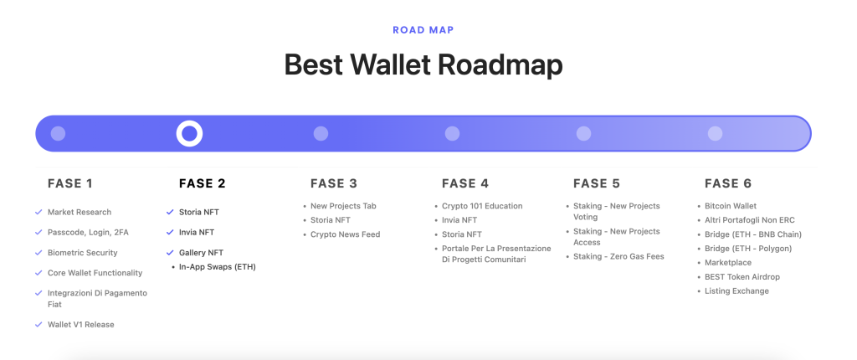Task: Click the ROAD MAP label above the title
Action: [x=423, y=30]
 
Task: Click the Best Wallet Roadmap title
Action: [x=423, y=64]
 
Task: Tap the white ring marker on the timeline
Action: [x=189, y=133]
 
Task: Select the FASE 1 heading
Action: [x=70, y=183]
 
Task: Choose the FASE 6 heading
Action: [x=728, y=183]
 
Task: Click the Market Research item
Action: [x=80, y=213]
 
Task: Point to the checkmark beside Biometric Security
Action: [x=38, y=253]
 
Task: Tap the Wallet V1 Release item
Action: [x=80, y=325]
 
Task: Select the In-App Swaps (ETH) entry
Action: [x=217, y=267]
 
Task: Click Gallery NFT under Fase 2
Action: [x=201, y=253]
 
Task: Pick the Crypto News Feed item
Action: [x=345, y=234]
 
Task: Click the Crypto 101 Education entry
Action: [x=482, y=206]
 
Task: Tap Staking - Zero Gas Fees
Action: [x=618, y=256]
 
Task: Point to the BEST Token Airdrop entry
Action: [x=742, y=277]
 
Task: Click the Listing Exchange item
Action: [x=736, y=291]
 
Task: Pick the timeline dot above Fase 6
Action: [x=715, y=133]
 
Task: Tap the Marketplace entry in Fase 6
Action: [x=728, y=263]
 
